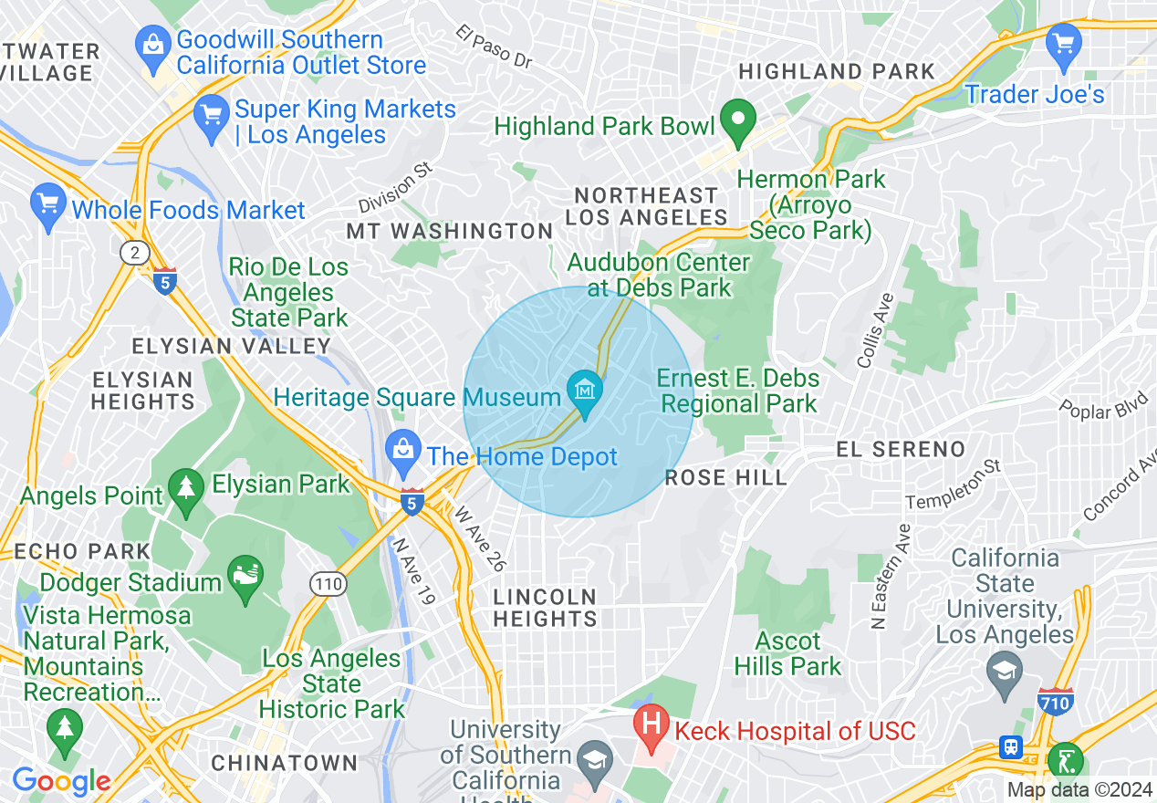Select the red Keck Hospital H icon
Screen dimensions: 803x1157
pos(651,728)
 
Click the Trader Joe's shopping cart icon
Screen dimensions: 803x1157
pos(1063,45)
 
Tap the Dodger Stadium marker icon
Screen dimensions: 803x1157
pos(244,579)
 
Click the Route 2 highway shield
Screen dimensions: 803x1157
pos(135,253)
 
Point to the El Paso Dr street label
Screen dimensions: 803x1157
pos(494,47)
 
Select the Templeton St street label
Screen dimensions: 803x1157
pos(953,485)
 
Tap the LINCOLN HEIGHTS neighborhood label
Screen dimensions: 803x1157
pos(545,608)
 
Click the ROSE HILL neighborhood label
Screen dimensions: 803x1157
pos(725,477)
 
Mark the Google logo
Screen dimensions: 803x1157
pos(61,781)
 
